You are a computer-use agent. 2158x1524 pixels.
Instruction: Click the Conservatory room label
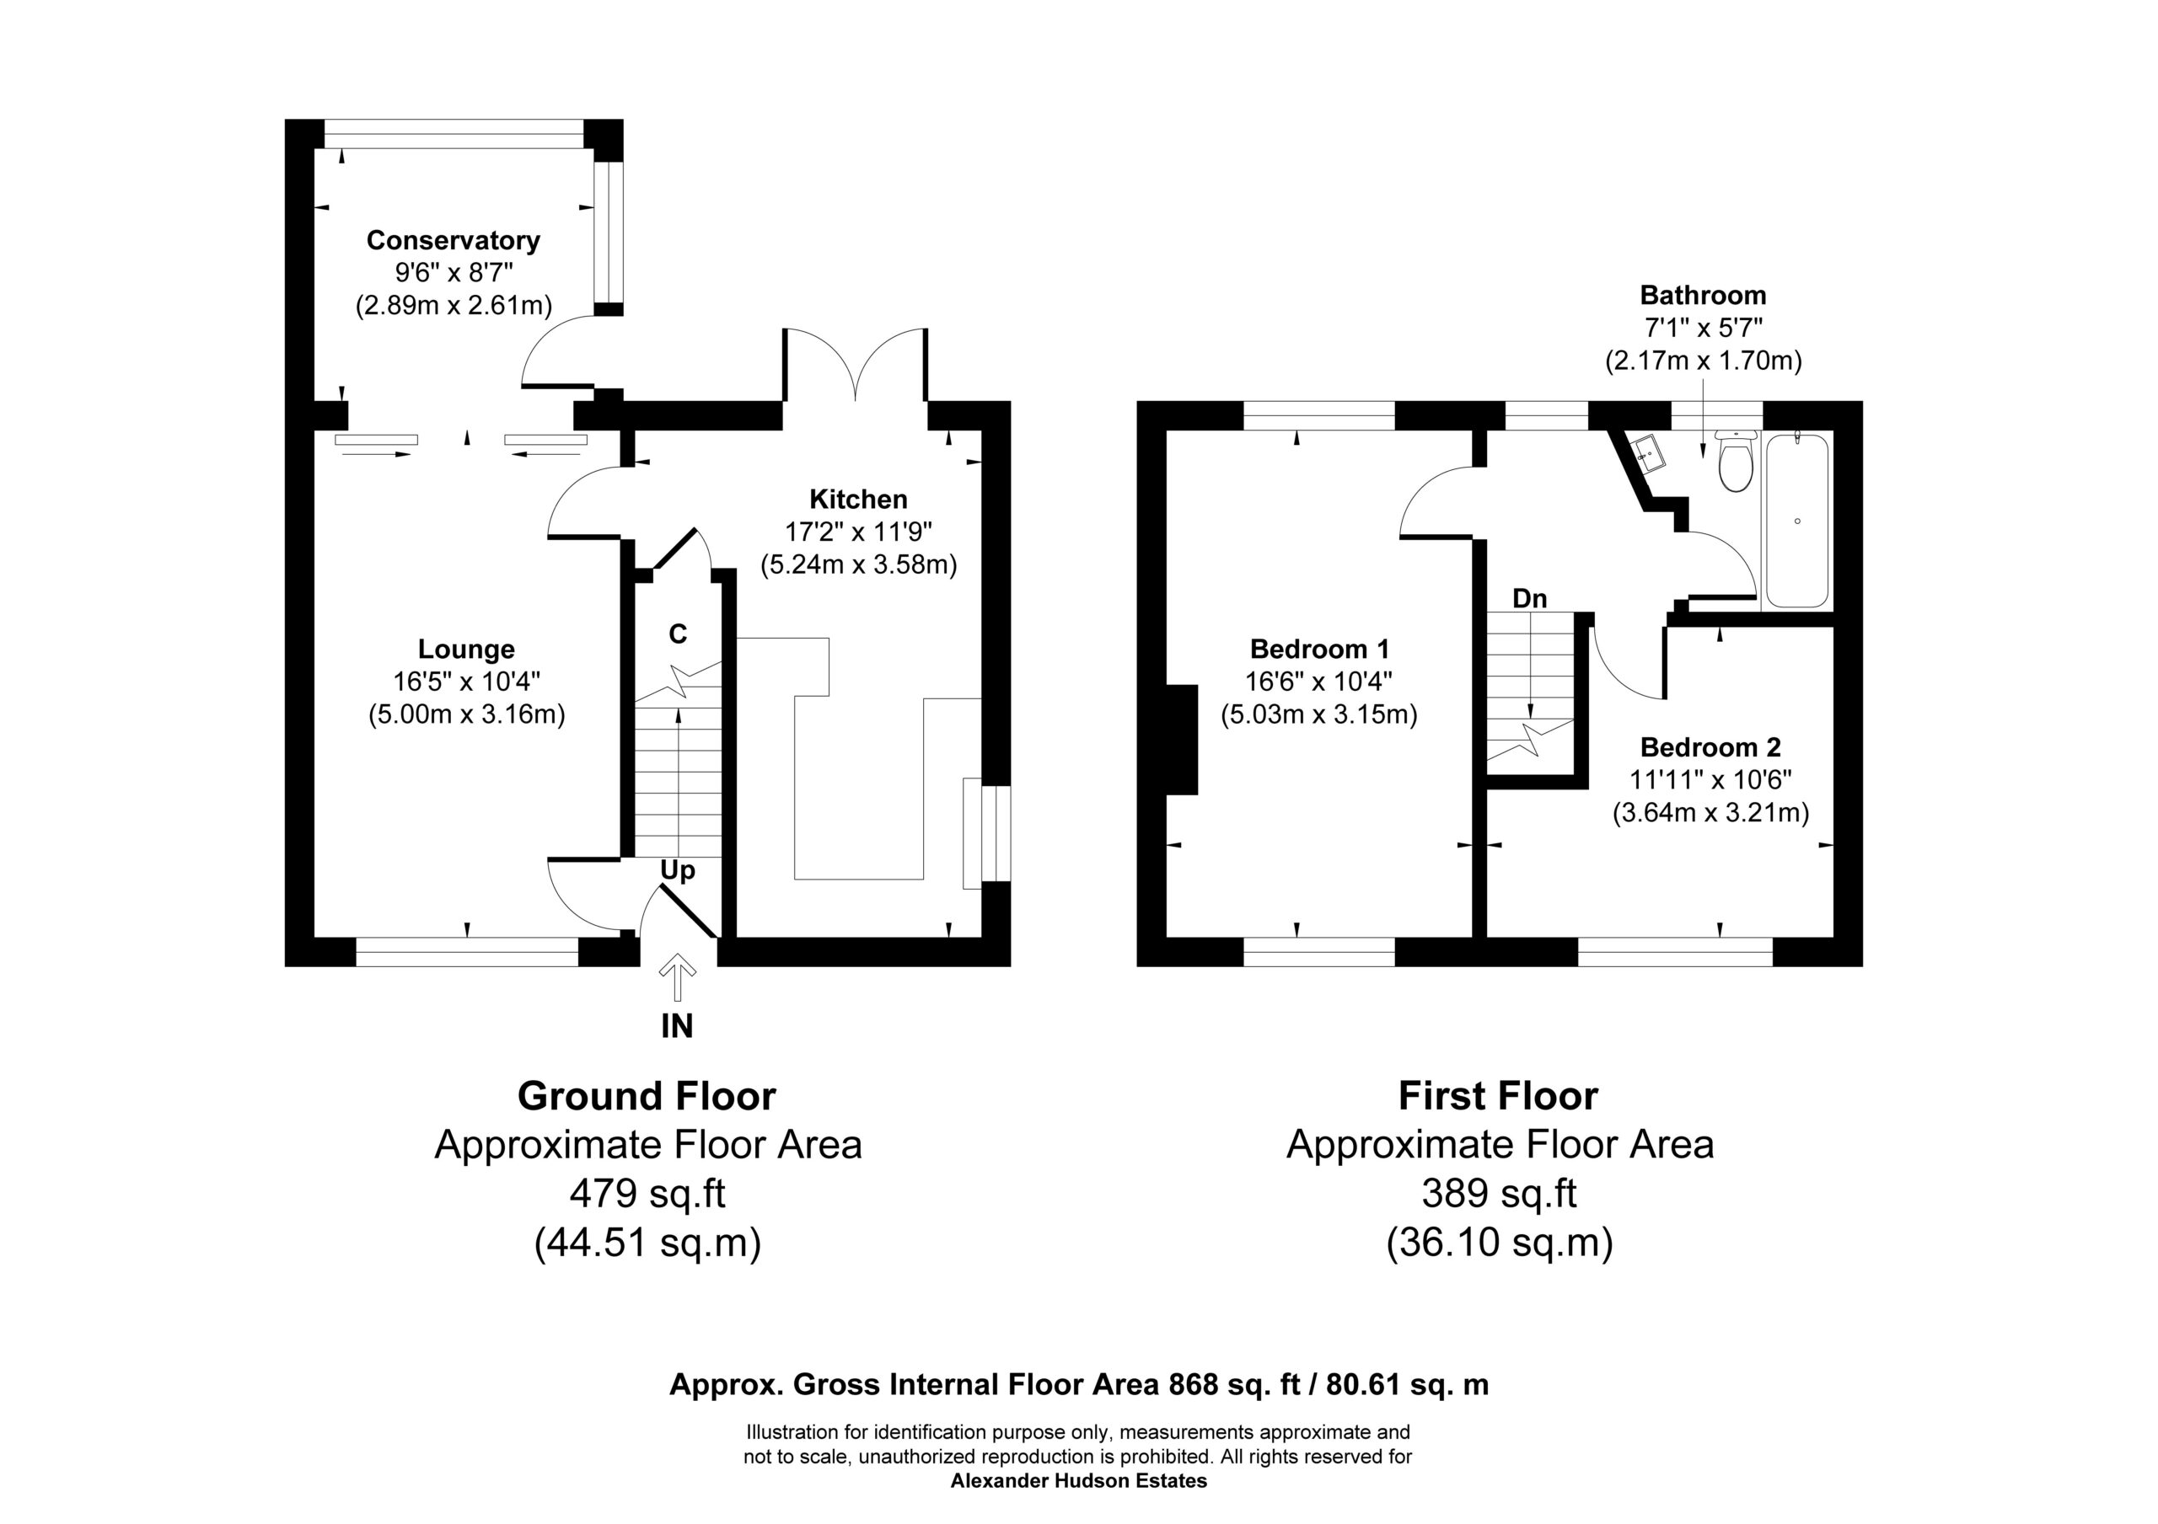pyautogui.click(x=453, y=241)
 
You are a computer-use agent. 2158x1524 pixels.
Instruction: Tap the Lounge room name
pyautogui.click(x=466, y=650)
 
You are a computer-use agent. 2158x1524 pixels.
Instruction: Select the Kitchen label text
pyautogui.click(x=858, y=499)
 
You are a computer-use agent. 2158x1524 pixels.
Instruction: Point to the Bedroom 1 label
pyautogui.click(x=1318, y=649)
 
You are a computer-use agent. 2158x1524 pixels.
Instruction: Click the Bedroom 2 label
pyautogui.click(x=1710, y=747)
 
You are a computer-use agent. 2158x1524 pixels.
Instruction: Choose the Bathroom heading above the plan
pyautogui.click(x=1703, y=295)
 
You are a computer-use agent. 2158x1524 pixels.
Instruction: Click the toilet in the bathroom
pyautogui.click(x=1735, y=460)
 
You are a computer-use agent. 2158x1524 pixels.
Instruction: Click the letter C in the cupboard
pyautogui.click(x=678, y=634)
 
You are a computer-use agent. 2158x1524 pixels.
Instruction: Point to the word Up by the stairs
pyautogui.click(x=678, y=872)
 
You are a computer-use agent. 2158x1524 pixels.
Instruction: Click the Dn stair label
pyautogui.click(x=1529, y=597)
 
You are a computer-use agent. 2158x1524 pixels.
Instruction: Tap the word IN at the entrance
pyautogui.click(x=677, y=1027)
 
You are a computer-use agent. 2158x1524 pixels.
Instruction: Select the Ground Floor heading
pyautogui.click(x=647, y=1095)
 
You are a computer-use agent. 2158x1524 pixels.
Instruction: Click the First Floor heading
pyautogui.click(x=1498, y=1095)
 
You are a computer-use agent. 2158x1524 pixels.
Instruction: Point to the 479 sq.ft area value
pyautogui.click(x=647, y=1193)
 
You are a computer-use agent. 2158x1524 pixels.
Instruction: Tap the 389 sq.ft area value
pyautogui.click(x=1499, y=1193)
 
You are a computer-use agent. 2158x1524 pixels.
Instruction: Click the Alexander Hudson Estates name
pyautogui.click(x=1079, y=1482)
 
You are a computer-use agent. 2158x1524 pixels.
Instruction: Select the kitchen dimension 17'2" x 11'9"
pyautogui.click(x=858, y=532)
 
